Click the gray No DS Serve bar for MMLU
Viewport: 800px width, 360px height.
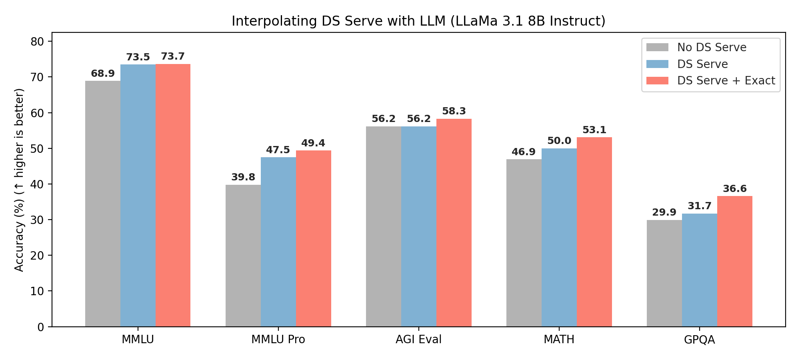point(103,204)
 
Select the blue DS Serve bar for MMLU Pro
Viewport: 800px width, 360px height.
point(278,242)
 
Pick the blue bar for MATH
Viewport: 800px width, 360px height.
point(559,238)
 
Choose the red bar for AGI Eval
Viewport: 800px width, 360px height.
point(454,223)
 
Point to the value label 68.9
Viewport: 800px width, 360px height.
point(103,74)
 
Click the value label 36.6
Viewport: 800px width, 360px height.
point(735,189)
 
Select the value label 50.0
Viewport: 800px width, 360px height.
point(559,141)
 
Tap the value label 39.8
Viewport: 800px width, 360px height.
point(243,177)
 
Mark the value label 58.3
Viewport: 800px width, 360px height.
point(454,111)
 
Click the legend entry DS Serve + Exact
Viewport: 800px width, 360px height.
point(726,81)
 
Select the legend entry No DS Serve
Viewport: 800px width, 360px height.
point(712,48)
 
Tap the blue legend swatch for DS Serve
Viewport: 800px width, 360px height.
point(657,64)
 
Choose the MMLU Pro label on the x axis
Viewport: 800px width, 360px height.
point(278,340)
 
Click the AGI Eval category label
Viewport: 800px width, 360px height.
point(418,340)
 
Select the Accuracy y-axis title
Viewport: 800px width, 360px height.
point(19,180)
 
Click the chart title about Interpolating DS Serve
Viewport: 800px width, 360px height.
point(418,21)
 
